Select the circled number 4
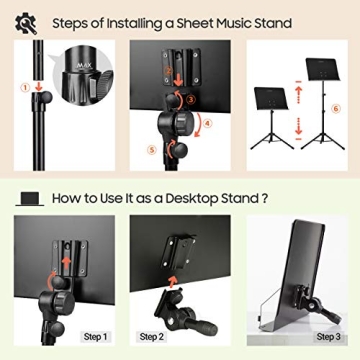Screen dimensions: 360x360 [x=208, y=123]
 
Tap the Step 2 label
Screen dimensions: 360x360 [x=153, y=337]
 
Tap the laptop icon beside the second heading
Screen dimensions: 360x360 [x=29, y=199]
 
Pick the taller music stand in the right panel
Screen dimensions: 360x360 [x=321, y=100]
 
